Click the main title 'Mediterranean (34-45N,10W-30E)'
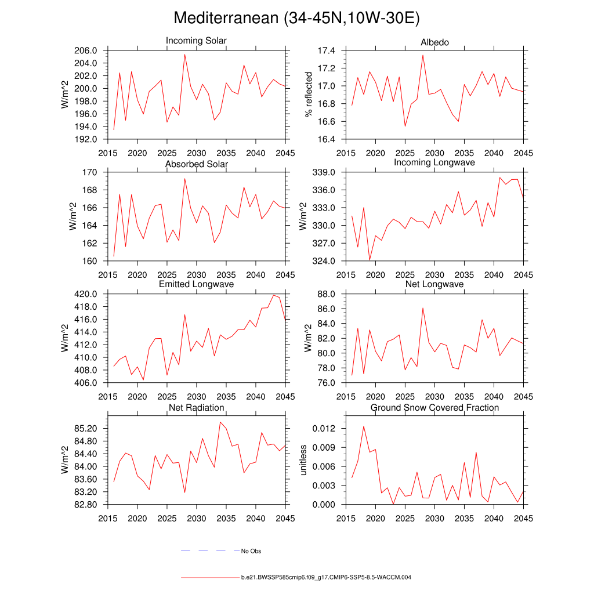[x=296, y=19]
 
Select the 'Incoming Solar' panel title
[x=196, y=41]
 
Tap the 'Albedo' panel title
[x=434, y=42]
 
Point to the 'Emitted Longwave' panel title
[x=196, y=284]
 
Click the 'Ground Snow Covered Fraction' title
[x=434, y=408]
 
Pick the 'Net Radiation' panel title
[x=196, y=408]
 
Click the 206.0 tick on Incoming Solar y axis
[x=89, y=50]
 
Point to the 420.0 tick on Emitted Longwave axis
[x=89, y=294]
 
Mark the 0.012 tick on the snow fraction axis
[x=325, y=429]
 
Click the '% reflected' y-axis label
[x=309, y=95]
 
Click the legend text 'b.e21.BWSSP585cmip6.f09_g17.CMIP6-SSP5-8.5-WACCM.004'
[x=326, y=578]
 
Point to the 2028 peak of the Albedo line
[x=423, y=55]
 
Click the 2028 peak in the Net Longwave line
[x=423, y=308]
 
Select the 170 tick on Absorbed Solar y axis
[x=93, y=172]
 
